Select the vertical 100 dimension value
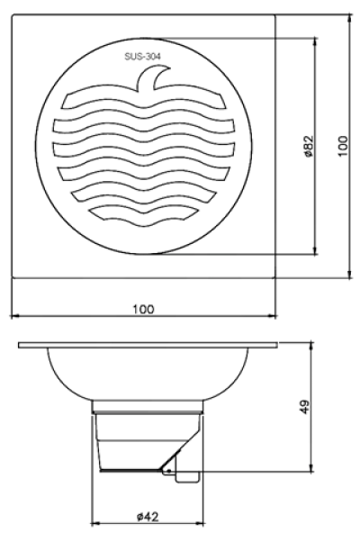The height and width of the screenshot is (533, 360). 342,146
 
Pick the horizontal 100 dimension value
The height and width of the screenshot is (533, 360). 142,308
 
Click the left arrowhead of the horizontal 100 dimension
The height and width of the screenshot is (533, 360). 13,316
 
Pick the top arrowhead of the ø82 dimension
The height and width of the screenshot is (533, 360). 315,41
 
